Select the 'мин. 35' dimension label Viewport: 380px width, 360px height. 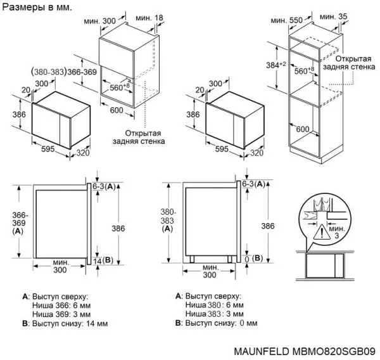coord(334,17)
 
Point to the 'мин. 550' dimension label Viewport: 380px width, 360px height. coord(288,20)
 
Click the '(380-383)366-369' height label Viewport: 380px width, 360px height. coord(65,72)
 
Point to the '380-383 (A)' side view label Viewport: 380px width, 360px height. coord(167,221)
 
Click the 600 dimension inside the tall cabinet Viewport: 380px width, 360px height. coord(320,129)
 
